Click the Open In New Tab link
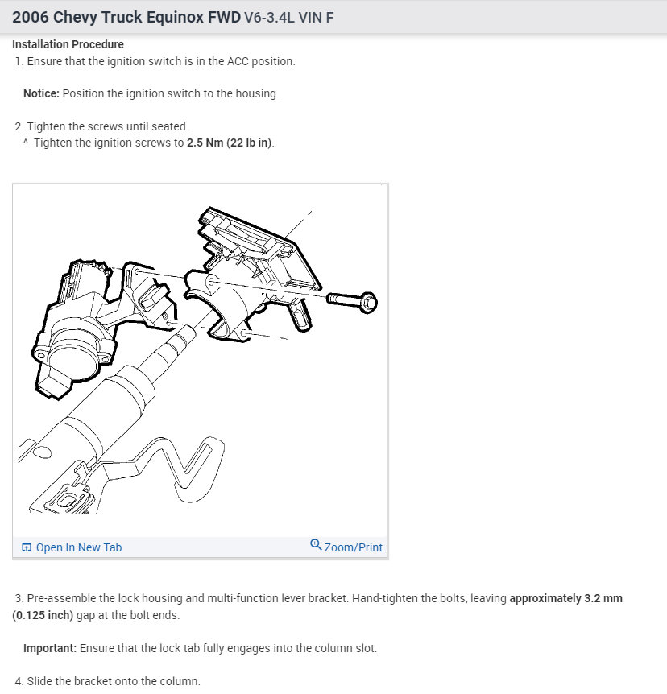(x=78, y=547)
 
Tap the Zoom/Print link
(x=353, y=547)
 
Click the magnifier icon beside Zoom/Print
(x=316, y=546)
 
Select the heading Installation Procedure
(x=68, y=44)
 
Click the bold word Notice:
(x=41, y=93)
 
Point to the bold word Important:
(x=48, y=648)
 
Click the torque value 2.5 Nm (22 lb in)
(x=230, y=143)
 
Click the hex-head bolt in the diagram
(x=354, y=300)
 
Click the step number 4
(x=19, y=681)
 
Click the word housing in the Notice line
(x=256, y=93)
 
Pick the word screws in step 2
(x=106, y=126)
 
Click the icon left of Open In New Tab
(x=27, y=547)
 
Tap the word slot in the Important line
(x=364, y=648)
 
